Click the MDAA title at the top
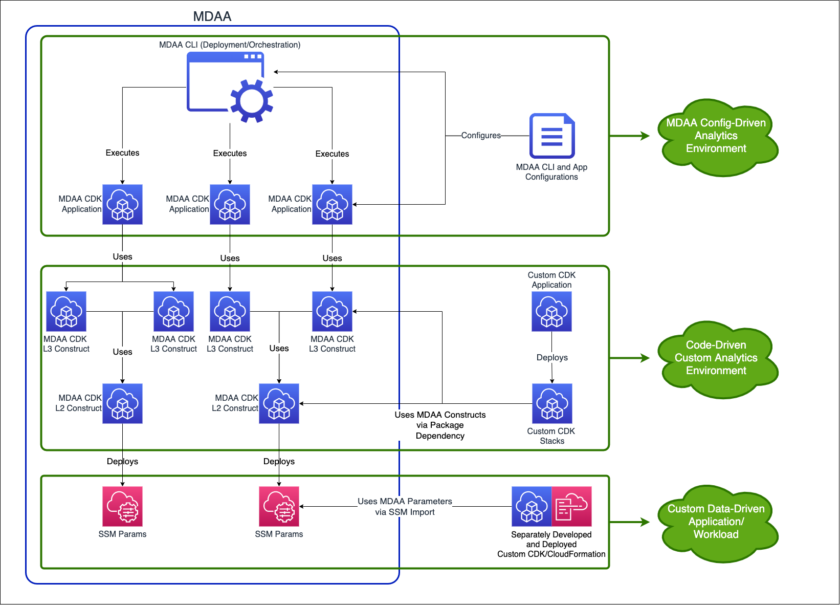point(212,16)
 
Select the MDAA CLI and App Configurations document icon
point(551,136)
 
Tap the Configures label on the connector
point(480,136)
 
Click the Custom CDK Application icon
point(551,312)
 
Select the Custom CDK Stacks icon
point(552,404)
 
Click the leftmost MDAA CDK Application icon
point(122,205)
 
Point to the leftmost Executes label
point(122,153)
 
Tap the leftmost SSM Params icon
point(122,507)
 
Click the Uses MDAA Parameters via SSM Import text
point(405,507)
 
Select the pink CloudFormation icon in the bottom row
point(571,507)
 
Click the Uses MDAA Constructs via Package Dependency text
point(440,425)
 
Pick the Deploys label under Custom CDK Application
point(552,358)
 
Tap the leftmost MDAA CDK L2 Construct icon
point(122,404)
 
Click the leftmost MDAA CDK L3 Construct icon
point(66,312)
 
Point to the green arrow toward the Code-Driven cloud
point(629,358)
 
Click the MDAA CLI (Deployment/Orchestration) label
point(230,45)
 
